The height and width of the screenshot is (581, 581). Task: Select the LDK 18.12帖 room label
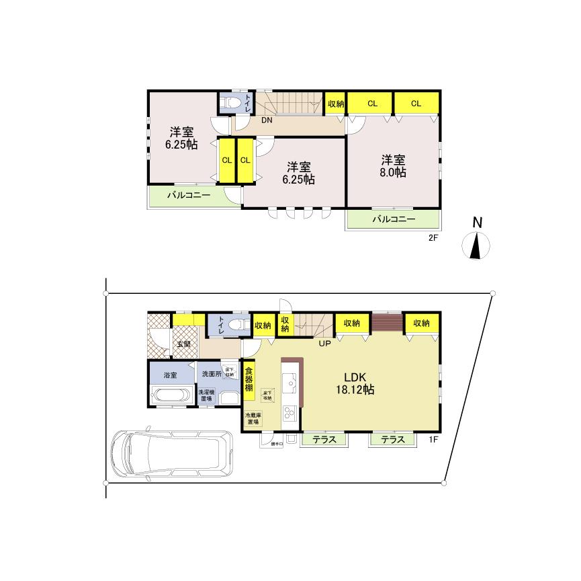click(355, 383)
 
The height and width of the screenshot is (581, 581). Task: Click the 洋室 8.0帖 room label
click(393, 165)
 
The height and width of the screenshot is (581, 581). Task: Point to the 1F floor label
click(433, 440)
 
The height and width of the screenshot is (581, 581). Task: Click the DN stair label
click(267, 121)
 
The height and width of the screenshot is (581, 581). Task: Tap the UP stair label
click(325, 344)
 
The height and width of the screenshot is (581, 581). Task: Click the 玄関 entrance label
click(183, 344)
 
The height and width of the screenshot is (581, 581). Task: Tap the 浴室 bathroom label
click(170, 375)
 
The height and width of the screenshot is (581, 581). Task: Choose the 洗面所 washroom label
click(208, 374)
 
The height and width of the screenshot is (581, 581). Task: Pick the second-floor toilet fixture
click(232, 103)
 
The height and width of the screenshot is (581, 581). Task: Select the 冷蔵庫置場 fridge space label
click(253, 418)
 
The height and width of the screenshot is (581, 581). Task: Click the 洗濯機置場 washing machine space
click(206, 395)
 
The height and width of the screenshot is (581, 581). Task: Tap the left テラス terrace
click(325, 440)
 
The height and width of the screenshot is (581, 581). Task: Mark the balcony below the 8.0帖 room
click(394, 219)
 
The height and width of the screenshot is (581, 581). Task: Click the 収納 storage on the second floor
click(336, 104)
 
